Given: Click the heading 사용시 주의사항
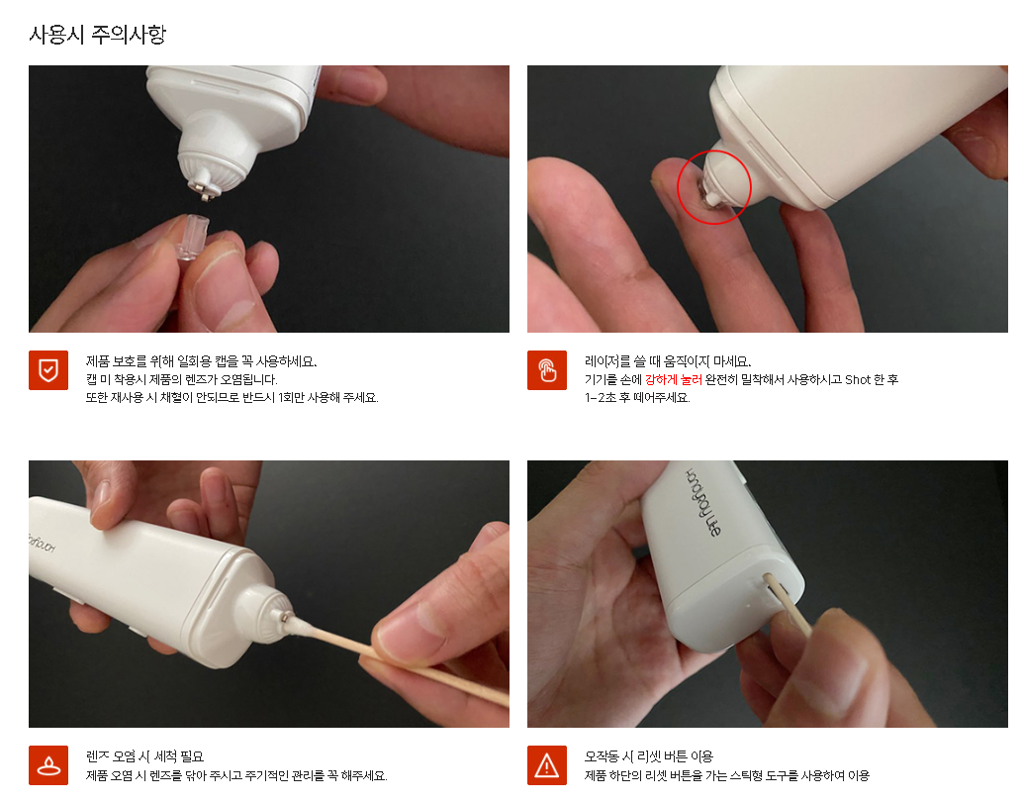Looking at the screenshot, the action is click(x=98, y=34).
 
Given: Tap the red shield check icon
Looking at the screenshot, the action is click(x=48, y=370).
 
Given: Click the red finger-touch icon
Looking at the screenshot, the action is click(x=547, y=370).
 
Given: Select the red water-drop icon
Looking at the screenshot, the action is click(x=48, y=765).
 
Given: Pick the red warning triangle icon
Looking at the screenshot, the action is click(x=547, y=765).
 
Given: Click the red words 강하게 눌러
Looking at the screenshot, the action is click(x=674, y=379).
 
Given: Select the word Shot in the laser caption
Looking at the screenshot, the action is click(x=857, y=379).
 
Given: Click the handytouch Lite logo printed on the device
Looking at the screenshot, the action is click(x=702, y=502).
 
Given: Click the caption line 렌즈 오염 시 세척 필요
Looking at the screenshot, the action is click(x=144, y=756).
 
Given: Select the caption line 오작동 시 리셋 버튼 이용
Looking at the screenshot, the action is click(x=649, y=756).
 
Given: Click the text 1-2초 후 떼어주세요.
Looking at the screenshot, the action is click(x=637, y=397).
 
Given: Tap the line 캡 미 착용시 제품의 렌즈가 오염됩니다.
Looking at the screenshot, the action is click(x=182, y=379).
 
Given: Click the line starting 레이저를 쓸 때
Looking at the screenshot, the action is click(x=668, y=361).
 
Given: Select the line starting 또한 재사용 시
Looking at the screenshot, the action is click(x=232, y=397).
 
